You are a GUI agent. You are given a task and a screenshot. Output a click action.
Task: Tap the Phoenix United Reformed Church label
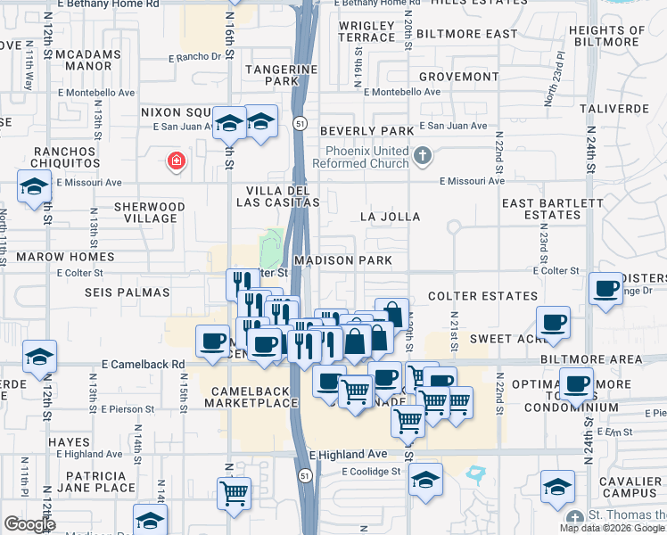[x=365, y=158]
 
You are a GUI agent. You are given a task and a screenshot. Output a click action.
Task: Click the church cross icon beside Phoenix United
[x=424, y=158]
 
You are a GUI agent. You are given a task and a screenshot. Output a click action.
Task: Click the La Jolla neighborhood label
[x=390, y=217]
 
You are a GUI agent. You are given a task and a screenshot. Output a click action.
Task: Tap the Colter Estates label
[x=473, y=295]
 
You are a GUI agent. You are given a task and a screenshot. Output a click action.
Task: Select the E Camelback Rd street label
[x=143, y=365]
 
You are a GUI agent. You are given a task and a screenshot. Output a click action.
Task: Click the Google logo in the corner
[x=29, y=524]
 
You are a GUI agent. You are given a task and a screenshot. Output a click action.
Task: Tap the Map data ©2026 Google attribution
[x=613, y=528]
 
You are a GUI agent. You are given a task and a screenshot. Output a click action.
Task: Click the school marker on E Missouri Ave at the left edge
[x=34, y=187]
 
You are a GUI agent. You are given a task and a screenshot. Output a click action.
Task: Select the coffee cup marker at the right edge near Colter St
[x=606, y=289]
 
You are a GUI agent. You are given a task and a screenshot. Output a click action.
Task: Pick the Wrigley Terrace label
[x=366, y=31]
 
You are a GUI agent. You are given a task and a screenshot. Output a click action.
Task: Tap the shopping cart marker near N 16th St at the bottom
[x=234, y=492]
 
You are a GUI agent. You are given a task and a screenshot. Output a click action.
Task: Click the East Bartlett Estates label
[x=553, y=209]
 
